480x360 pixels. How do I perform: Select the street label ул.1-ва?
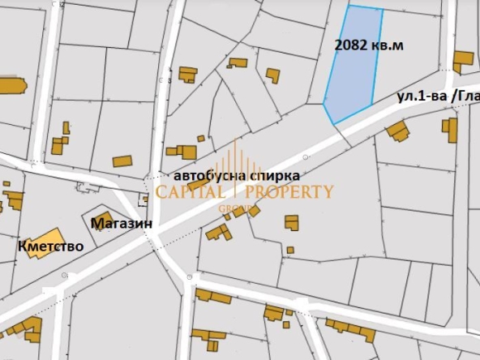[421, 96]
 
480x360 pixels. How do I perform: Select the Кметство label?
[49, 245]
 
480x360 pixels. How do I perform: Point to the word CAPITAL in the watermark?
[191, 192]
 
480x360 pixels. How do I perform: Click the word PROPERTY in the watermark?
[288, 192]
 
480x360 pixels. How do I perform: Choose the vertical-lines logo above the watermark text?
[236, 166]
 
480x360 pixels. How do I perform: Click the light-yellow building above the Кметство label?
[43, 242]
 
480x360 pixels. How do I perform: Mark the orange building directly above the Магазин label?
[101, 218]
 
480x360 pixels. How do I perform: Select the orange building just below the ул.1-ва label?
[397, 130]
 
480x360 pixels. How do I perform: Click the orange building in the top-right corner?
[462, 61]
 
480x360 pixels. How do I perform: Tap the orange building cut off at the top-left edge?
[11, 85]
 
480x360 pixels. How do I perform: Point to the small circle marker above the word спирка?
[305, 156]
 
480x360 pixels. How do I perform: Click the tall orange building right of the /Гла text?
[450, 129]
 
